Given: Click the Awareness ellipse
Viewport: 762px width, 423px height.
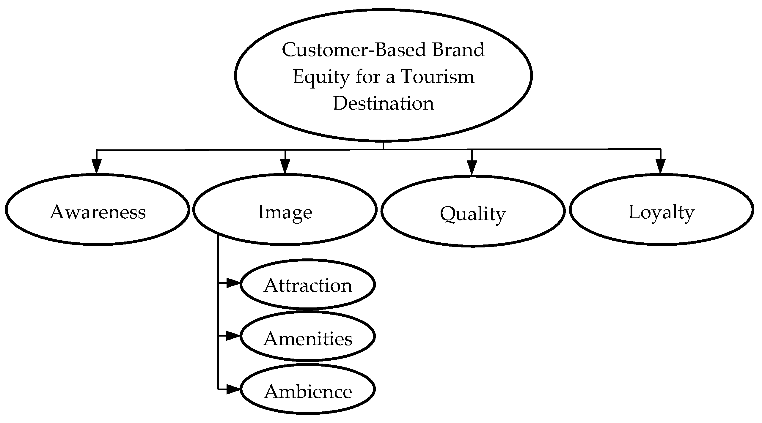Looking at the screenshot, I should [98, 210].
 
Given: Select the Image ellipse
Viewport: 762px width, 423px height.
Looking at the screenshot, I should [285, 210].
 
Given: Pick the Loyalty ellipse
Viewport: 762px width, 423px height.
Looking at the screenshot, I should [662, 210].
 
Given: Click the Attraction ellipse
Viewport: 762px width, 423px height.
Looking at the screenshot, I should [308, 285].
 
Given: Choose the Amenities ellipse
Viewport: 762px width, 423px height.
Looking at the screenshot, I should [308, 336].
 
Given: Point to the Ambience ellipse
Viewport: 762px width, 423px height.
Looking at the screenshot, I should [308, 389].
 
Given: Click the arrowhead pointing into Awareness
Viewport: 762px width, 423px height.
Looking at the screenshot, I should [96, 166].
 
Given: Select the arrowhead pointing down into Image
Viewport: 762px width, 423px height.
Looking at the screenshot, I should [285, 166].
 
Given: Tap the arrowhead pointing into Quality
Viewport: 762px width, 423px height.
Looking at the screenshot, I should [472, 168].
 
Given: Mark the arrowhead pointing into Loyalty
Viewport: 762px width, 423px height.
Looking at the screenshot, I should [661, 166].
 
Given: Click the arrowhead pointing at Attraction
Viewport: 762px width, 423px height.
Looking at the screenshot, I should [233, 283].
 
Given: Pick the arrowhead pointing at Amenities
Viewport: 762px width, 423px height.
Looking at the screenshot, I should [233, 336].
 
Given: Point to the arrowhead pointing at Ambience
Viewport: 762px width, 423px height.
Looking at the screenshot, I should [233, 389].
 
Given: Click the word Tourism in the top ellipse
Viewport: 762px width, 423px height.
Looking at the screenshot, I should [438, 77].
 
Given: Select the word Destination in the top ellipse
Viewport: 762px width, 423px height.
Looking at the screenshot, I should [384, 103].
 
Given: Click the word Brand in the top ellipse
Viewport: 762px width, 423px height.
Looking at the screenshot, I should [458, 50].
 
